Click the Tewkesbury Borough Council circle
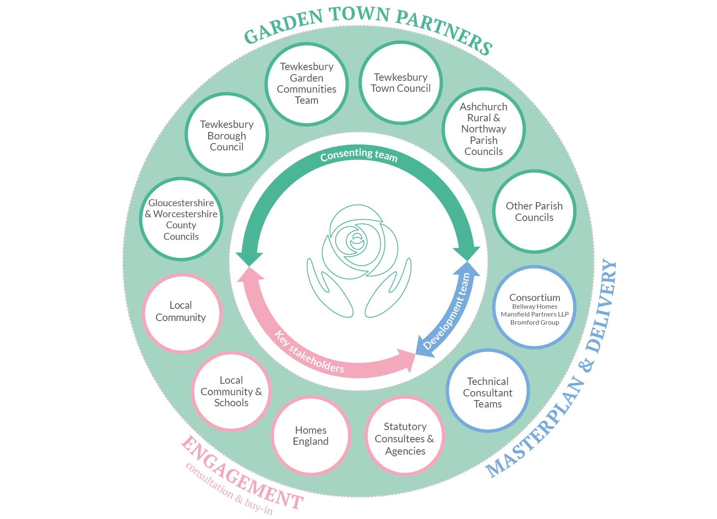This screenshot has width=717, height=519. [227, 135]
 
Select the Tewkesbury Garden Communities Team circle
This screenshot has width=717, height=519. [306, 83]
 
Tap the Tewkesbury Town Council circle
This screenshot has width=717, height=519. [401, 82]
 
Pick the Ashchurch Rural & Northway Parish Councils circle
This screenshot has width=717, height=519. [483, 129]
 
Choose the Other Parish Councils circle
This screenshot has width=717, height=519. [534, 212]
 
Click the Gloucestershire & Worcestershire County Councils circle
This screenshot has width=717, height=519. [181, 219]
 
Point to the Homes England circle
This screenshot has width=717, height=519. [311, 435]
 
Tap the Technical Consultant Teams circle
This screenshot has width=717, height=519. [488, 392]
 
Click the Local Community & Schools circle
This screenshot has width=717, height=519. [231, 391]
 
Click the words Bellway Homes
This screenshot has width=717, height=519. [535, 307]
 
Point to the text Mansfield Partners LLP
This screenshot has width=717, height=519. [535, 314]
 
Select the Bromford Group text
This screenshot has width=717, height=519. [535, 323]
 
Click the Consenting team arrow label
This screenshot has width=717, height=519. [359, 155]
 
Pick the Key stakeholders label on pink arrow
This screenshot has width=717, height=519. [309, 353]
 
